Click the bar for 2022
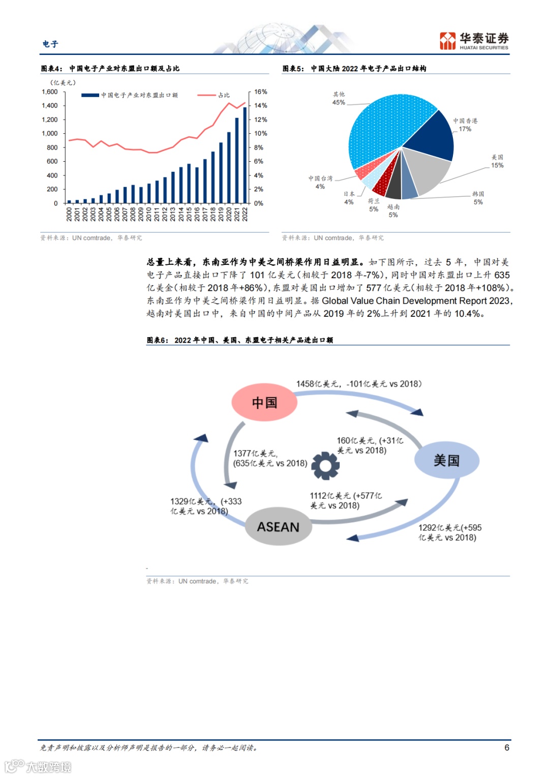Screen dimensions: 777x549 (245, 155)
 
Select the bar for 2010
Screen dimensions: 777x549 (149, 193)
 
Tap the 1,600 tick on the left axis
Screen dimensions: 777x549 (50, 92)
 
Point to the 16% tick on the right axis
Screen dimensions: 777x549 (261, 92)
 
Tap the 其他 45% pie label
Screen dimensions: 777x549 (339, 99)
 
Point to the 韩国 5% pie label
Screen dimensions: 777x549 (478, 198)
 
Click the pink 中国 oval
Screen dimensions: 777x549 (264, 403)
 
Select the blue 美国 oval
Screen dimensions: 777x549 (446, 461)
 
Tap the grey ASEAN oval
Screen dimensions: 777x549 (278, 527)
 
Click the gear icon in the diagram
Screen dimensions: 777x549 (325, 465)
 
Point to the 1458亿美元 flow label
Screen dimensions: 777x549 (358, 384)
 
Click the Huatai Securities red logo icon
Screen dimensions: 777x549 (448, 41)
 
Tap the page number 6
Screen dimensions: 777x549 (507, 748)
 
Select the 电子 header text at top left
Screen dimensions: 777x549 (50, 44)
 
